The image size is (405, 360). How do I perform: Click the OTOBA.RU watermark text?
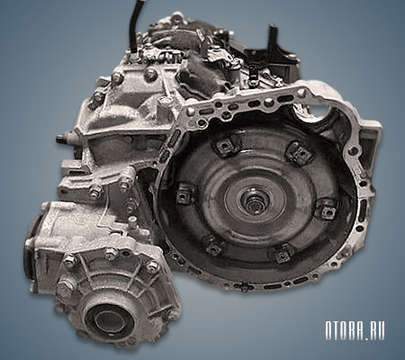(x=355, y=331)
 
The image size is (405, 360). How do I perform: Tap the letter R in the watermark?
(x=367, y=331)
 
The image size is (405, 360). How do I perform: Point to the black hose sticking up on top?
(x=134, y=25)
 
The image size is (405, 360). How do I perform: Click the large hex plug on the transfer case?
(x=65, y=289)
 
